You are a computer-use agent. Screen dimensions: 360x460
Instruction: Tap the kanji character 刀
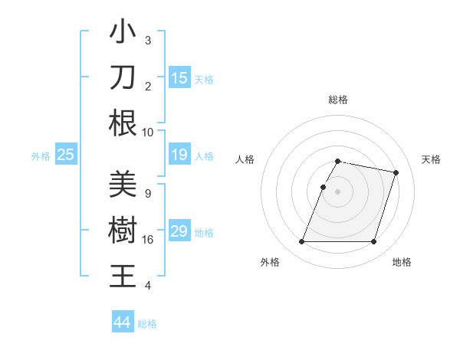coord(123,77)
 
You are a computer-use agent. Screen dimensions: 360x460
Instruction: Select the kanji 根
coord(123,123)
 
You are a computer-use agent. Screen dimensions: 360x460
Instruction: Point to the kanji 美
coord(123,185)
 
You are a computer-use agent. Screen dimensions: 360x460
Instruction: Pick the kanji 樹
coord(123,231)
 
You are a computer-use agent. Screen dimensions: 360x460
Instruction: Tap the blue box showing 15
coord(179,77)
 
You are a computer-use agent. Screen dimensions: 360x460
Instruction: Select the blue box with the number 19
coord(179,155)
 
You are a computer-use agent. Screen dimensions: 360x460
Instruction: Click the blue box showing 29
coord(179,231)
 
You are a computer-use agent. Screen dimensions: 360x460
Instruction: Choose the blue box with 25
coord(66,155)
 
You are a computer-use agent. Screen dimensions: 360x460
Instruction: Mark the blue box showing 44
coord(122,322)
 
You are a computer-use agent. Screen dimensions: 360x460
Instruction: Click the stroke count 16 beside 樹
coord(148,240)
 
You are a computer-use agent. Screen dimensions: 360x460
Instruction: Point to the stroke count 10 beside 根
coord(148,132)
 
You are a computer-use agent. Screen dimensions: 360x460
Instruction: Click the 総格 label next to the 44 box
coord(147,324)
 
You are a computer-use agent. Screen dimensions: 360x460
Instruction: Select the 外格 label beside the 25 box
coord(41,156)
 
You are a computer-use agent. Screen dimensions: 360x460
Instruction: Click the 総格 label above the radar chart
coord(338,100)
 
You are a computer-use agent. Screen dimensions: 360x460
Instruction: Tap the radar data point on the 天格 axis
coord(396,173)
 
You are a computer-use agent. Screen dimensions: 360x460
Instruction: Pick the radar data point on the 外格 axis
coord(302,242)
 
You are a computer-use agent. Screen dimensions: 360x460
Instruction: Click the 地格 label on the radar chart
coord(402,262)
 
